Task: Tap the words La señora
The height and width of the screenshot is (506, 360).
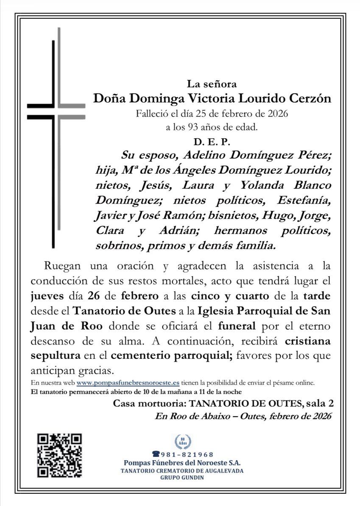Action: pyautogui.click(x=212, y=84)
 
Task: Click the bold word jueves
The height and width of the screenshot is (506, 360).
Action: pyautogui.click(x=45, y=296)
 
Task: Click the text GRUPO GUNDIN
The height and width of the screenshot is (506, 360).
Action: pyautogui.click(x=182, y=478)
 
